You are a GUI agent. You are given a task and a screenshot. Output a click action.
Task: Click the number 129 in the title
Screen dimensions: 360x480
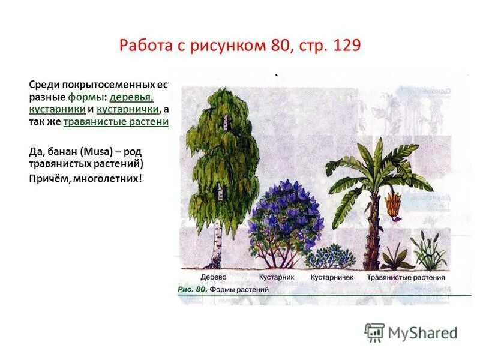(344, 46)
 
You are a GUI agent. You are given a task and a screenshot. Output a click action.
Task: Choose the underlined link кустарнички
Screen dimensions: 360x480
(128, 110)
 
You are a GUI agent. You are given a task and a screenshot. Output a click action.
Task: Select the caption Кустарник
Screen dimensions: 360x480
(277, 277)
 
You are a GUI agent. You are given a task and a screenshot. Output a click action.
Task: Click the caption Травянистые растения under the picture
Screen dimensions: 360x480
(406, 277)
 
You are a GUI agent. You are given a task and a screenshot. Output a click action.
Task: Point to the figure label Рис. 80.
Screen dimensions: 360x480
(193, 289)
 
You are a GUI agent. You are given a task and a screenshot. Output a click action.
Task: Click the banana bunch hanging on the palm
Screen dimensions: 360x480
(393, 205)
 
